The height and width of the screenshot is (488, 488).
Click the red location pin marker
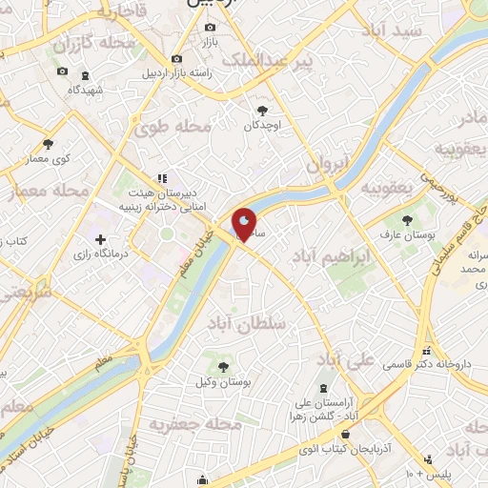coord(245,224)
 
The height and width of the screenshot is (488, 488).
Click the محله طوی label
coord(164,129)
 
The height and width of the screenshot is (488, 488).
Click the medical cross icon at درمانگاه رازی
coord(100,237)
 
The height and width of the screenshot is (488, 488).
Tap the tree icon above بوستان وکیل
coord(224,366)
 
